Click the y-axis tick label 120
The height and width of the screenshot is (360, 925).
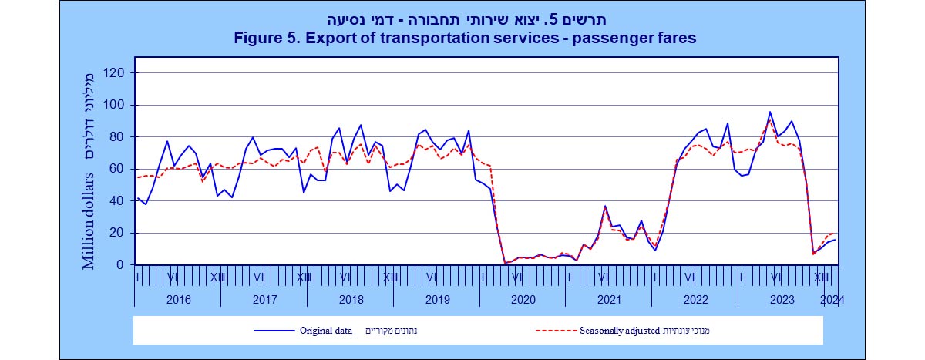click(115, 72)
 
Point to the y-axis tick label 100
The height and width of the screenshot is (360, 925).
click(115, 105)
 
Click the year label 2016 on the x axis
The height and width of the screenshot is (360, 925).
click(178, 300)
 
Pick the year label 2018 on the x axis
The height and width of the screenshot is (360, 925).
click(351, 300)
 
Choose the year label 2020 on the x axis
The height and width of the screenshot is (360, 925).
click(523, 300)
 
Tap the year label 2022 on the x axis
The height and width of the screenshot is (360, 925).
click(695, 300)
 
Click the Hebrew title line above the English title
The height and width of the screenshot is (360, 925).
click(462, 19)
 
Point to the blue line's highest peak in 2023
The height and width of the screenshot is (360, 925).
click(770, 112)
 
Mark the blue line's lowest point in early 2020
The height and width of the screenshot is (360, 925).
click(505, 263)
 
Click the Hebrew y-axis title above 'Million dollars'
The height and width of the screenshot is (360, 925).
click(90, 116)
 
